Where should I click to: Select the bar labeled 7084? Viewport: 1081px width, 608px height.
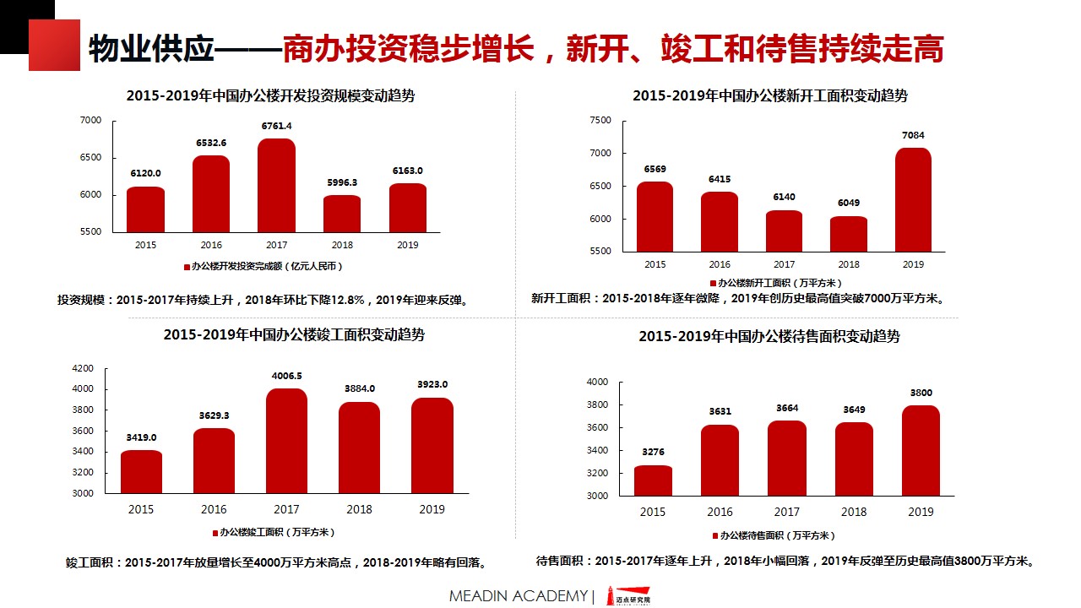pyautogui.click(x=913, y=200)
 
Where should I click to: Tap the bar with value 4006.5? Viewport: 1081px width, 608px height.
pyautogui.click(x=286, y=441)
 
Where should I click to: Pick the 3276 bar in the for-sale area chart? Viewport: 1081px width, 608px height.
pyautogui.click(x=653, y=480)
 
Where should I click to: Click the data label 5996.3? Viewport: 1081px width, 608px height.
pyautogui.click(x=342, y=182)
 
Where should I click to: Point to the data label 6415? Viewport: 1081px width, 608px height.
pyautogui.click(x=720, y=179)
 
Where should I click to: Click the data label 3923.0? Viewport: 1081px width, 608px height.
pyautogui.click(x=432, y=384)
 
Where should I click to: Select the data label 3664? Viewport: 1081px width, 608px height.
pyautogui.click(x=787, y=409)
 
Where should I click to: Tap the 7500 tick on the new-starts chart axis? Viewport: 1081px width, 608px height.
pyautogui.click(x=600, y=121)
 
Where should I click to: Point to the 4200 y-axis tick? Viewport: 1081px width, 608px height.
pyautogui.click(x=83, y=369)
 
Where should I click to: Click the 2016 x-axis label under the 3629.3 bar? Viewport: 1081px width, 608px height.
pyautogui.click(x=214, y=509)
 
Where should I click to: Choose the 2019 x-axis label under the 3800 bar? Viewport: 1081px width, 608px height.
pyautogui.click(x=921, y=512)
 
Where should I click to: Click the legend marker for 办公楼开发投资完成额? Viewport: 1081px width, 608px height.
pyautogui.click(x=187, y=267)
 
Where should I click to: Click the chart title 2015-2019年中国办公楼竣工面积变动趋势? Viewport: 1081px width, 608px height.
pyautogui.click(x=294, y=334)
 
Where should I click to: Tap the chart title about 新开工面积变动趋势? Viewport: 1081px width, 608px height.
pyautogui.click(x=769, y=96)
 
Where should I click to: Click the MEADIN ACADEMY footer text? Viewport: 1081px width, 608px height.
pyautogui.click(x=518, y=596)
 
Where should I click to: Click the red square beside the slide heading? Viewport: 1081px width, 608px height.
pyautogui.click(x=54, y=45)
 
